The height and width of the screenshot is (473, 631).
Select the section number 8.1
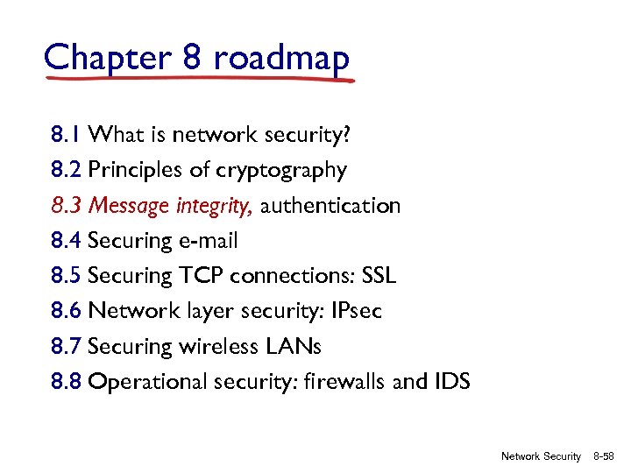(67, 135)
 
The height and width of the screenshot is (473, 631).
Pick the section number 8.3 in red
(67, 206)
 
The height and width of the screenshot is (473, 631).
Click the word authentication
(330, 206)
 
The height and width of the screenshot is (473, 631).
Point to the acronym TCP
(202, 276)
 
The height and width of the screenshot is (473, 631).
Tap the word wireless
(219, 347)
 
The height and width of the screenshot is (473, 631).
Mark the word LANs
(293, 347)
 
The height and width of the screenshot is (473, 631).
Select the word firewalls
(358, 382)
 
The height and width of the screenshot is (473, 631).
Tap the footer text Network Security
(541, 456)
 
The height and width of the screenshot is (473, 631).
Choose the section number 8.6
(67, 311)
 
